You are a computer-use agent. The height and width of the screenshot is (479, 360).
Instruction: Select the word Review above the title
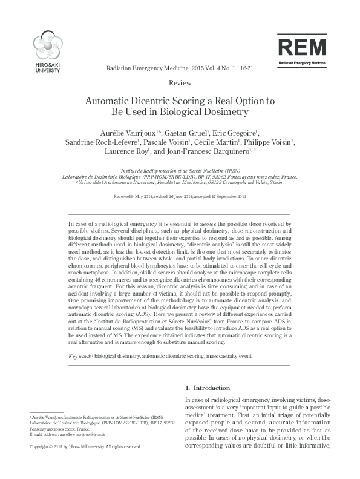(180, 82)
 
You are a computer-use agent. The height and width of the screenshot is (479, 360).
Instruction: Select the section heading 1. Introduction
(207, 388)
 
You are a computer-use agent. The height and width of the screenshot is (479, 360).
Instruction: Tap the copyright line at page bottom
(85, 447)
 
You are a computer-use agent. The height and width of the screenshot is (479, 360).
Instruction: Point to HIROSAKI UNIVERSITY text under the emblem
(47, 68)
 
